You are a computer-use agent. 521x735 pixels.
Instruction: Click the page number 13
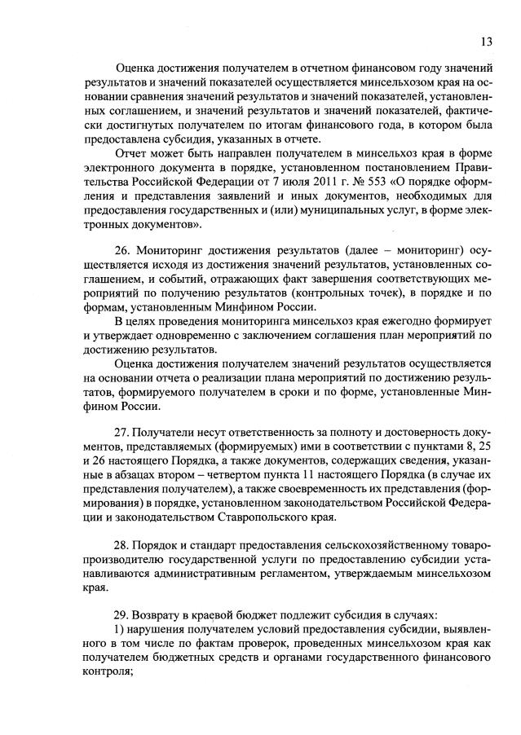486,42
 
